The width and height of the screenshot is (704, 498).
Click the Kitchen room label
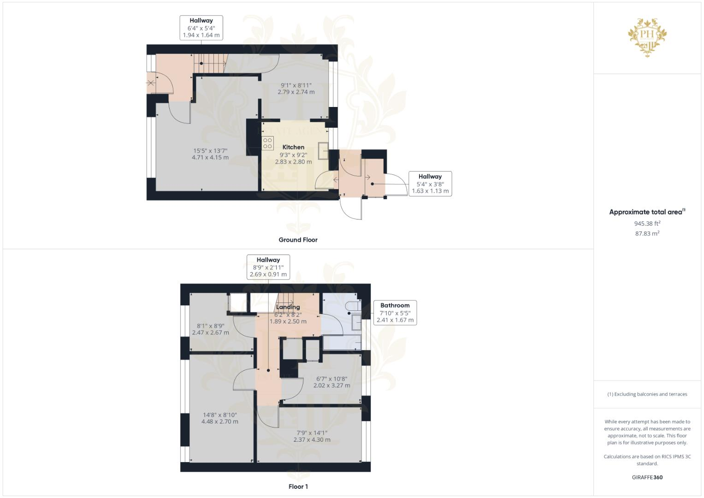pyautogui.click(x=293, y=147)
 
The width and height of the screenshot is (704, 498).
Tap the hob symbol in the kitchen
pyautogui.click(x=267, y=143)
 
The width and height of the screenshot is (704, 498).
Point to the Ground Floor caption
pyautogui.click(x=298, y=240)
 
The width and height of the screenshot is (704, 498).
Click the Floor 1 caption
pyautogui.click(x=298, y=486)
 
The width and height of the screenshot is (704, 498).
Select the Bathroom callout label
pyautogui.click(x=395, y=305)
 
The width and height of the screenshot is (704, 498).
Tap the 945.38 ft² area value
pyautogui.click(x=647, y=224)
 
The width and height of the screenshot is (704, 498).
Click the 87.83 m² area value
pyautogui.click(x=647, y=234)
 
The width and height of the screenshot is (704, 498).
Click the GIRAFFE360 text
pyautogui.click(x=647, y=477)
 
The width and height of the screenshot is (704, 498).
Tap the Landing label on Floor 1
pyautogui.click(x=288, y=307)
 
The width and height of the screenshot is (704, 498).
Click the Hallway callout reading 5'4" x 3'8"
pyautogui.click(x=430, y=184)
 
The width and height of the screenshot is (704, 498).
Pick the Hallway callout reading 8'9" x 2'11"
pyautogui.click(x=268, y=267)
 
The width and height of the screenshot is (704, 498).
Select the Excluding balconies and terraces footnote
pyautogui.click(x=647, y=394)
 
